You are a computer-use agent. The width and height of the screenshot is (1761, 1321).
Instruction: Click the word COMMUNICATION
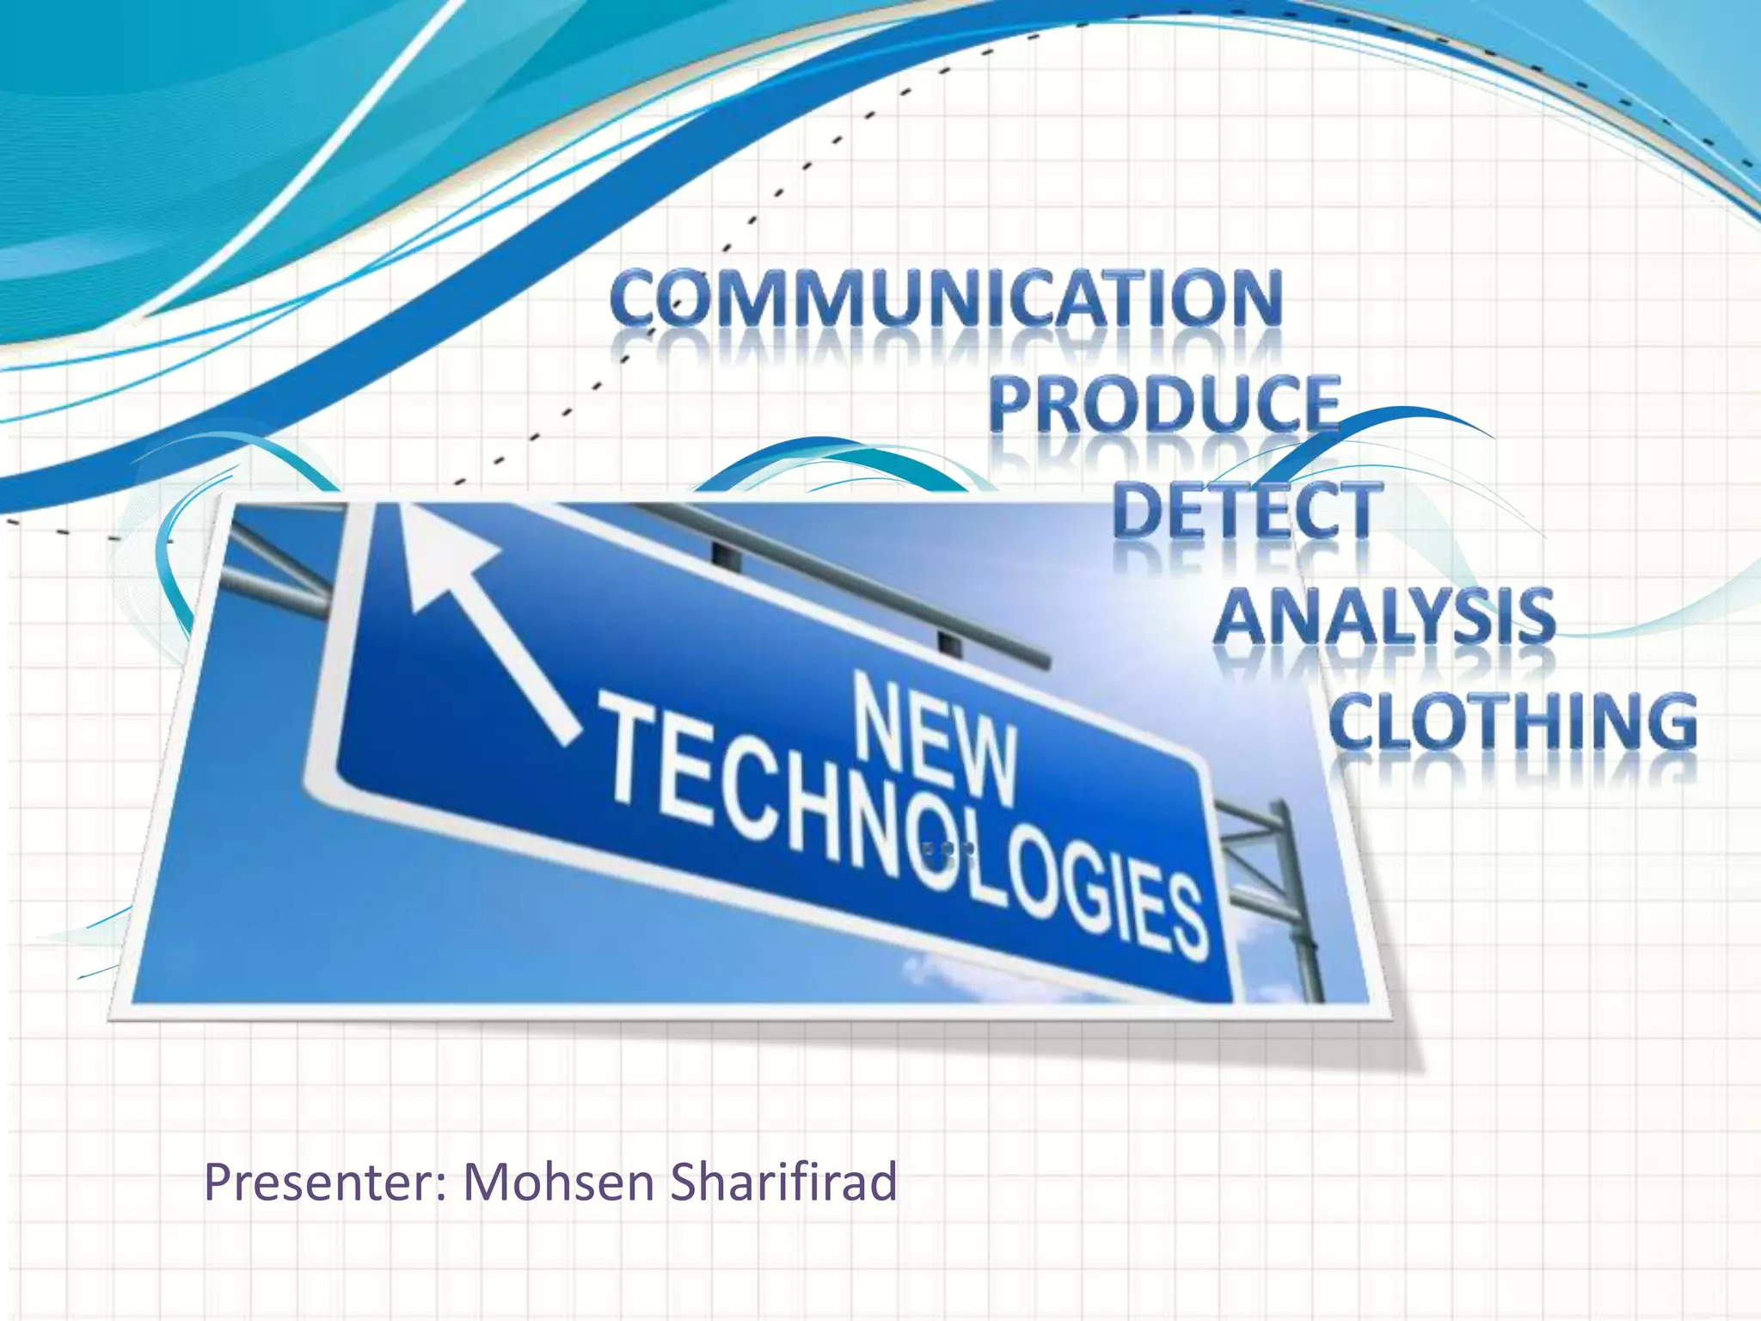(x=946, y=298)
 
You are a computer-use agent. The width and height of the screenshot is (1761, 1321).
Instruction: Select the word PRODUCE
(x=1164, y=403)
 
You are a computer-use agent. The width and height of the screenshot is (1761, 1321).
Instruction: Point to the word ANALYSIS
(x=1384, y=617)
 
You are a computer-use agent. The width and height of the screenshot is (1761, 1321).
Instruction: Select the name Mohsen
(x=559, y=1183)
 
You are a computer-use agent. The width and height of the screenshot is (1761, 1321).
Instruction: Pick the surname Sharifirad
(x=783, y=1183)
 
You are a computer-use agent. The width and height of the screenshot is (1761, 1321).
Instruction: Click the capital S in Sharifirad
(x=685, y=1183)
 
